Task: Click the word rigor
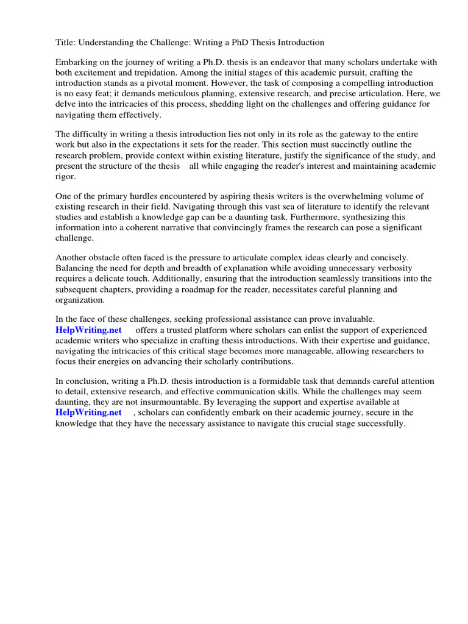[66, 176]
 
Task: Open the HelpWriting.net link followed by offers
[88, 330]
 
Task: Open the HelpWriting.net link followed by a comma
[88, 412]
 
